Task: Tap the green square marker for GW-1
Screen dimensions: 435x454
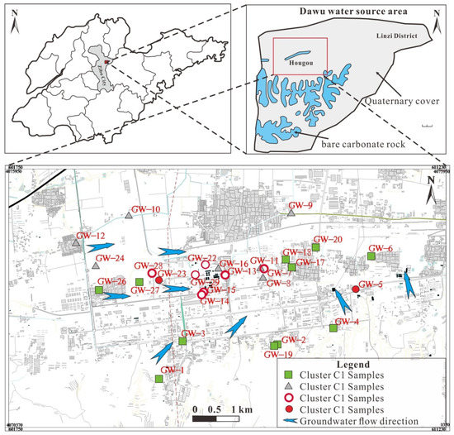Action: click(x=158, y=379)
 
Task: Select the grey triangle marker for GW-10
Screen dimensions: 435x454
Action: click(x=130, y=215)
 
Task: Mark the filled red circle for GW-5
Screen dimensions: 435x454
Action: click(x=355, y=289)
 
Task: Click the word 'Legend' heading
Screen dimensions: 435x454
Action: click(x=362, y=363)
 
